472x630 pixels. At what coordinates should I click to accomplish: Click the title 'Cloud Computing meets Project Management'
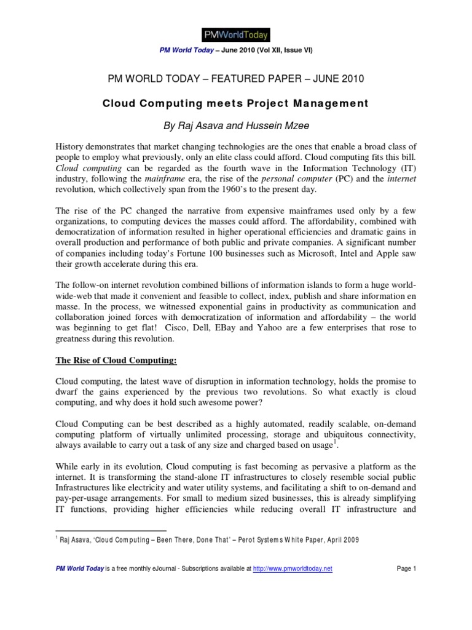pos(235,103)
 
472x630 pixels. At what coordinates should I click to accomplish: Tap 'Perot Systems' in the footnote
pos(262,540)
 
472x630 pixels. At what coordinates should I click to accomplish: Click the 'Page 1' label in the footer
pos(406,569)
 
